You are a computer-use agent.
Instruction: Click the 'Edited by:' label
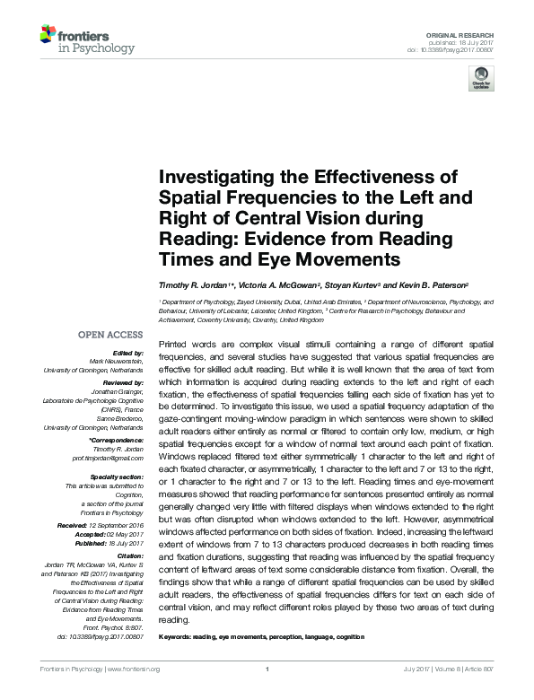click(x=129, y=354)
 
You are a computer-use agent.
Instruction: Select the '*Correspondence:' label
click(x=118, y=441)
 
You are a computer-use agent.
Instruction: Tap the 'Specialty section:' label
click(x=118, y=477)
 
